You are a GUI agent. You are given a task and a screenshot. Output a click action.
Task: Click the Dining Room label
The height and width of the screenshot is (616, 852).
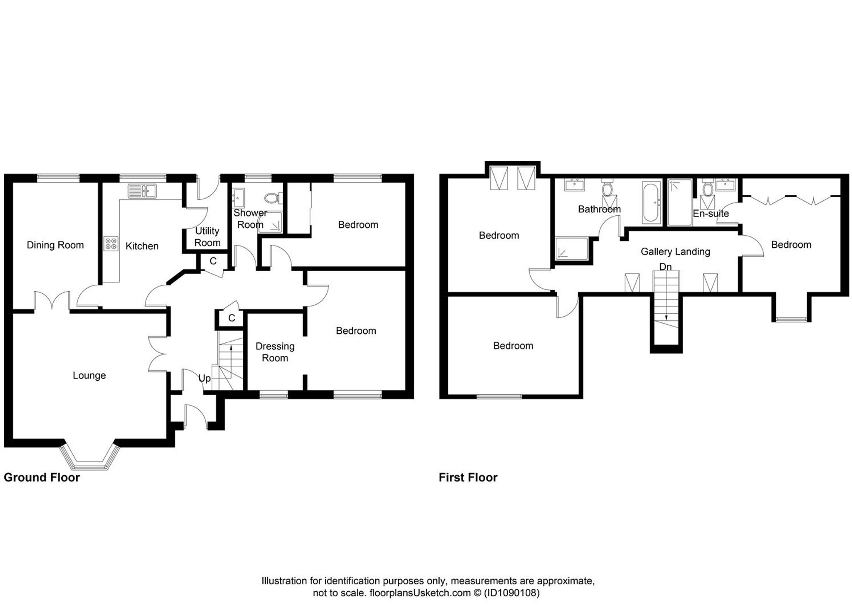(55, 245)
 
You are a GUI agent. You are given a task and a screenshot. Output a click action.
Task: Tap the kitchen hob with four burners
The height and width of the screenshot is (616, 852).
(111, 244)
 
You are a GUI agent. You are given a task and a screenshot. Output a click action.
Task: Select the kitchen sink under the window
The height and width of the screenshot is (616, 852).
(142, 191)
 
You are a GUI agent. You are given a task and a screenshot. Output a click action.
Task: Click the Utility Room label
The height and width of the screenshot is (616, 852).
(207, 237)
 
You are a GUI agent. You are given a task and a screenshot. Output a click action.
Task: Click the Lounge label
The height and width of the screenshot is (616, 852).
(89, 376)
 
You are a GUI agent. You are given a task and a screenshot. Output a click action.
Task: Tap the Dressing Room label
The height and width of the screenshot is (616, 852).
(275, 352)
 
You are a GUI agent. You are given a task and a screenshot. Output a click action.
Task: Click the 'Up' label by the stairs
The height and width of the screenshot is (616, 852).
(204, 379)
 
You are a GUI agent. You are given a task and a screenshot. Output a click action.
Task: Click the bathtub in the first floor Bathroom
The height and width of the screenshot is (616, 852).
(651, 203)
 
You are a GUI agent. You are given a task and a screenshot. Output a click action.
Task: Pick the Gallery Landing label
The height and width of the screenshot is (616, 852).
(675, 252)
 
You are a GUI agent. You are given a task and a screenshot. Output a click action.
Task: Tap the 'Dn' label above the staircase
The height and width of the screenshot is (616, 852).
(665, 267)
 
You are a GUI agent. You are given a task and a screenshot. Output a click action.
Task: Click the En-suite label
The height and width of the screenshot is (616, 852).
(711, 214)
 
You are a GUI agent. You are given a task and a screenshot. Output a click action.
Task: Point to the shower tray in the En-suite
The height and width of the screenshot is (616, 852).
(680, 202)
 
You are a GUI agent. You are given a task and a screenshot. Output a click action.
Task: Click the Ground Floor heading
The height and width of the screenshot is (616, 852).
(42, 477)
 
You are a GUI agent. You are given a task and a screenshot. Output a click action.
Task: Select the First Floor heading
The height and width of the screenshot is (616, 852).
(468, 477)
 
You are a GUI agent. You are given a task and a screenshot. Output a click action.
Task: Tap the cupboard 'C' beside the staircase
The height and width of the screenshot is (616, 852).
(231, 318)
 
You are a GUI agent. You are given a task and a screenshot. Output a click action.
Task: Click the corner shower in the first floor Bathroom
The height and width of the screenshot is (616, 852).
(572, 249)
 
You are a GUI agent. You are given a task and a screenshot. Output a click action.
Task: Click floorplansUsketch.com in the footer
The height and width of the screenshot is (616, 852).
(420, 593)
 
